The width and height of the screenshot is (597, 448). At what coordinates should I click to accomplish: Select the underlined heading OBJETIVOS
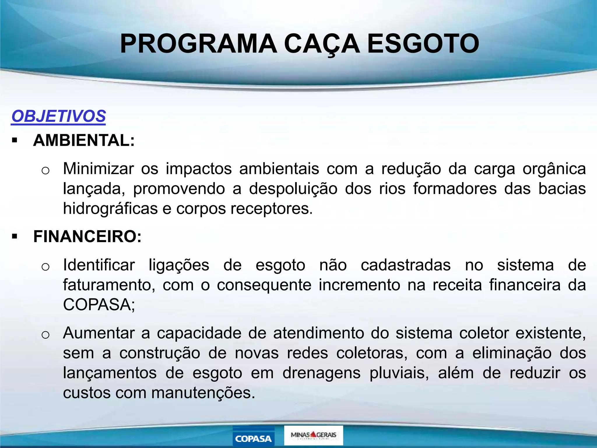pyautogui.click(x=59, y=116)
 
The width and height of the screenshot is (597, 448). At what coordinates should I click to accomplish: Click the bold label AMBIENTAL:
pyautogui.click(x=84, y=140)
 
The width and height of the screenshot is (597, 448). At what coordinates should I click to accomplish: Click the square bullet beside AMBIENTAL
pyautogui.click(x=15, y=141)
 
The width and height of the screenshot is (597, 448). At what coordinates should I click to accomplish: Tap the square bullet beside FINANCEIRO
pyautogui.click(x=15, y=237)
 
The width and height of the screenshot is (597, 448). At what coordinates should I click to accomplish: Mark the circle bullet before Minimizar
pyautogui.click(x=45, y=170)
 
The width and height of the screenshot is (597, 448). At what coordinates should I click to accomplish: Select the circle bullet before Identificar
pyautogui.click(x=45, y=267)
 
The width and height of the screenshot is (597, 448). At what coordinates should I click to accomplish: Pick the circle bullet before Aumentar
pyautogui.click(x=45, y=335)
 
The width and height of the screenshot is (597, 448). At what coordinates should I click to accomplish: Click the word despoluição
pyautogui.click(x=293, y=189)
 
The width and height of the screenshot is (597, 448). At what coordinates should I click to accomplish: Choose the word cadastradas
pyautogui.click(x=406, y=265)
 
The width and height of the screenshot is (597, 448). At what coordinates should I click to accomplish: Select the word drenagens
pyautogui.click(x=322, y=373)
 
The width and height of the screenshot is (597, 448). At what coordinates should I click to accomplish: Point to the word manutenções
pyautogui.click(x=203, y=393)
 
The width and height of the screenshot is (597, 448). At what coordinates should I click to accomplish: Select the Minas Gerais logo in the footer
pyautogui.click(x=313, y=435)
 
